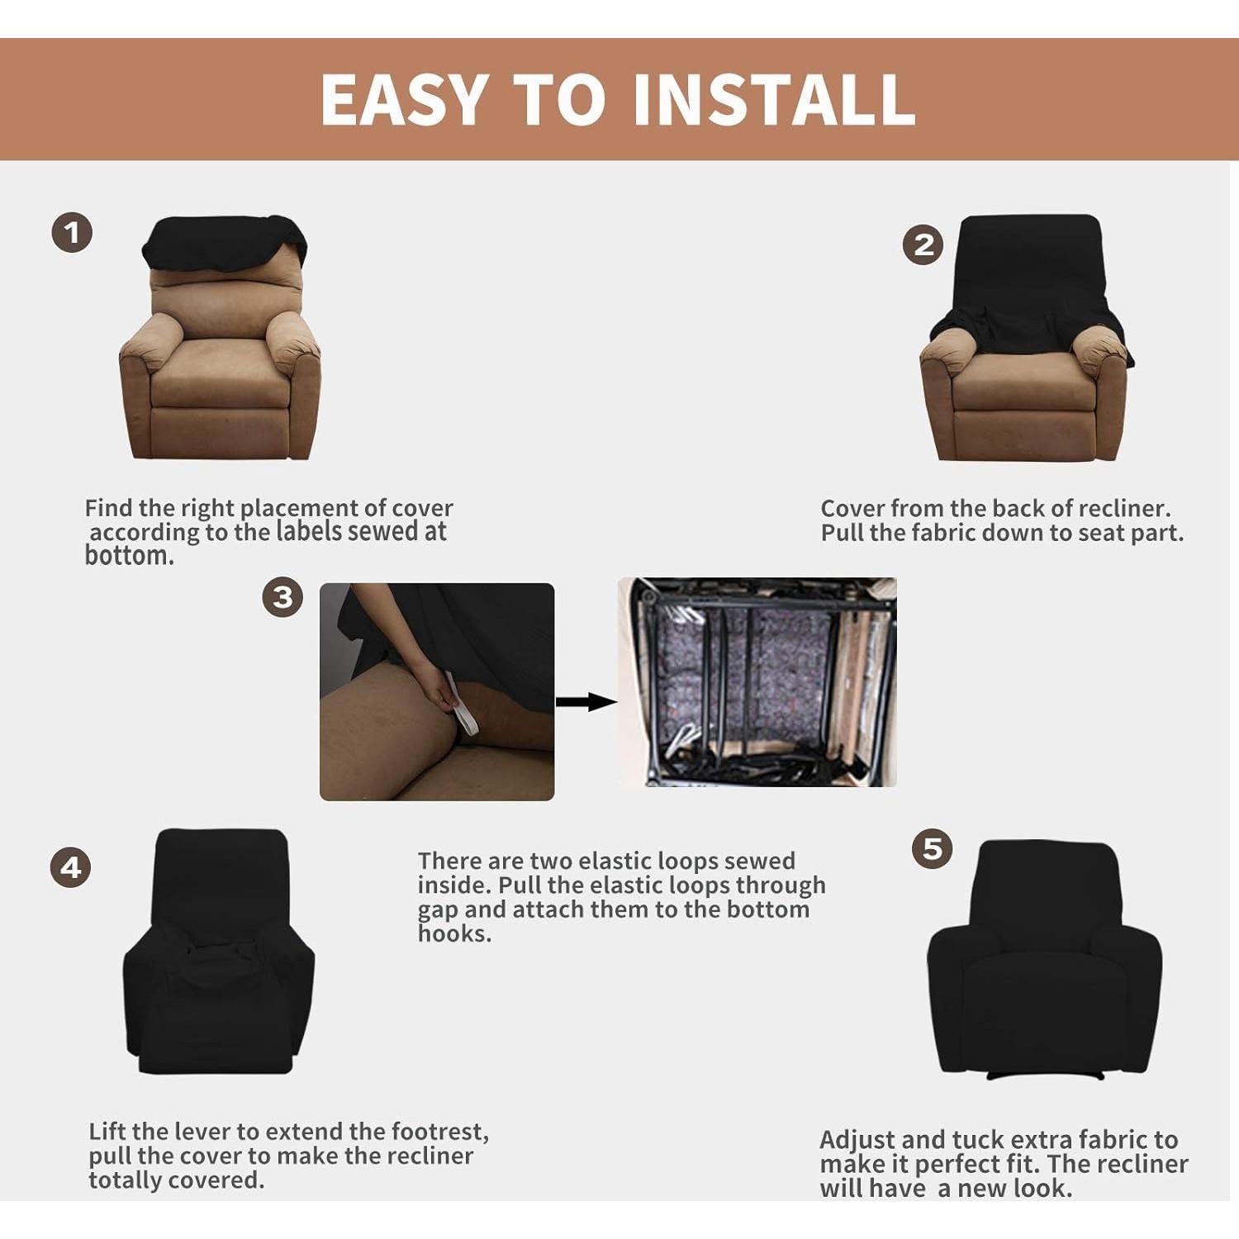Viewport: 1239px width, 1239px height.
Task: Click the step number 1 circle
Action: (72, 233)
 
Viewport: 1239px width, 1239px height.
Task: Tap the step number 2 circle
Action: (923, 245)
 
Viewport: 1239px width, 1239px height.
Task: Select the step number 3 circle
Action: (282, 596)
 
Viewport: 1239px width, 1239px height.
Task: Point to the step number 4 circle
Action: (70, 867)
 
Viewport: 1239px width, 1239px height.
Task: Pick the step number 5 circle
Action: (932, 848)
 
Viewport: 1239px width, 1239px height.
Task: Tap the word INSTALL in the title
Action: (773, 100)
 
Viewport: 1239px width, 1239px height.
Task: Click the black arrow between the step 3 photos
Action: (585, 702)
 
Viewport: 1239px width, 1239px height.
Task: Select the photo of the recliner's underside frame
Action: (757, 681)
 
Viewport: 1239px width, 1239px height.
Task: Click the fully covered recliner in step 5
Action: (1044, 958)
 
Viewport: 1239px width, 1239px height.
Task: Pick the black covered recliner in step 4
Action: (219, 950)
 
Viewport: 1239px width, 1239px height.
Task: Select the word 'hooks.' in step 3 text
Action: (454, 934)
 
